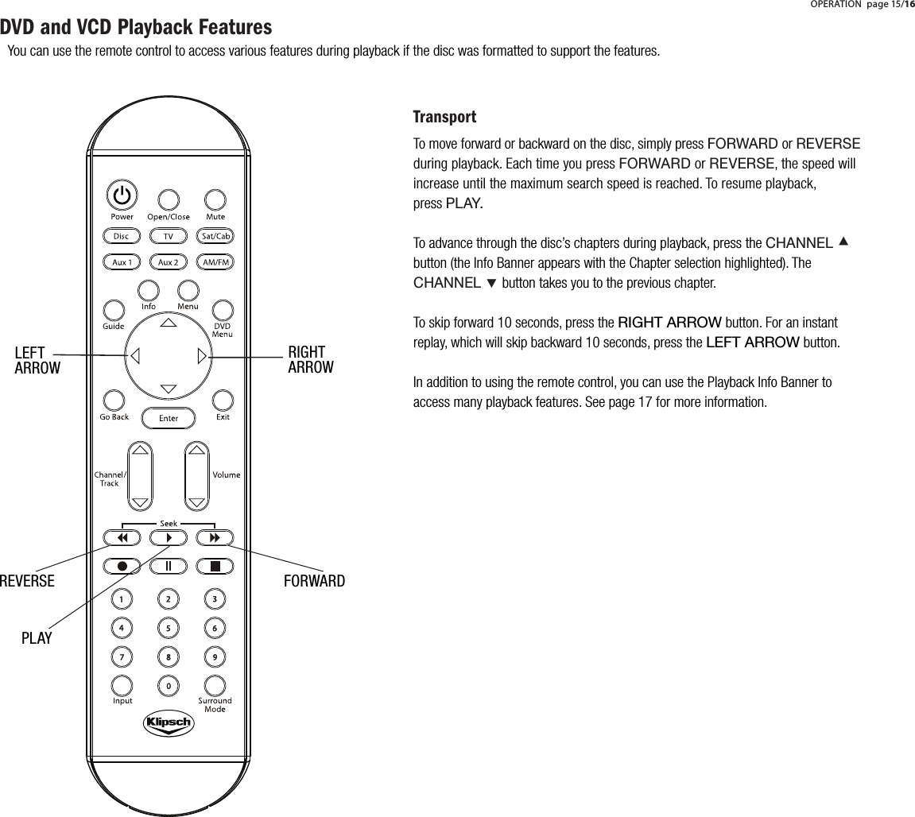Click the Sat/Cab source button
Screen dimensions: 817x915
tap(215, 236)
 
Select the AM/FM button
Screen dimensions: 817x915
tap(215, 261)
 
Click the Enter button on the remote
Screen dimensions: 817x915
tap(169, 418)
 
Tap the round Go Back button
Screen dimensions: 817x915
tap(114, 400)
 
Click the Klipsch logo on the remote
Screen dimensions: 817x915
tap(169, 723)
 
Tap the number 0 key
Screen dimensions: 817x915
tap(169, 684)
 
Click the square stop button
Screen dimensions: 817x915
tap(215, 566)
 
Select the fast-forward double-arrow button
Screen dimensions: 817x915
tap(215, 538)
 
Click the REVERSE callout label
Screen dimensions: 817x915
tap(27, 582)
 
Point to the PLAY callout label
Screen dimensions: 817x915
tap(37, 638)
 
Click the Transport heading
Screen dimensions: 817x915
tap(444, 118)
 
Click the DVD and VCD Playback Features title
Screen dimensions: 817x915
tap(136, 29)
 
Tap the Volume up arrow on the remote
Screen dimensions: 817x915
tap(196, 451)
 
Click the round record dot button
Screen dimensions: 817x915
tap(122, 566)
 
